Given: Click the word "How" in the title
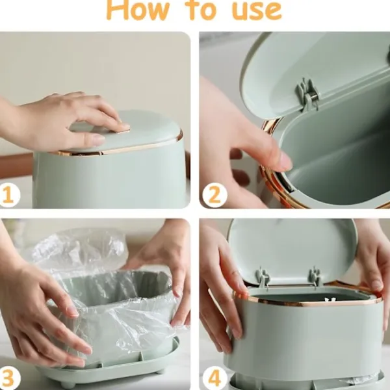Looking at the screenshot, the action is pyautogui.click(x=137, y=10).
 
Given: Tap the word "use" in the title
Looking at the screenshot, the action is pyautogui.click(x=257, y=10).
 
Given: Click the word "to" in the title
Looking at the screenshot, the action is pyautogui.click(x=202, y=10).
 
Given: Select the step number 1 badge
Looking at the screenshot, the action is pyautogui.click(x=8, y=195).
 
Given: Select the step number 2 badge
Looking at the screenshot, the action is pyautogui.click(x=214, y=195).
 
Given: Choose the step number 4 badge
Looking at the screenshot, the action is pyautogui.click(x=214, y=378).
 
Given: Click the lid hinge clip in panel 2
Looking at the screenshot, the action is pyautogui.click(x=308, y=94).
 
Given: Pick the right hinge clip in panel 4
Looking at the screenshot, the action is pyautogui.click(x=314, y=277).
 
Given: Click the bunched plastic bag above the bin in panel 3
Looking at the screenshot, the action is pyautogui.click(x=79, y=249).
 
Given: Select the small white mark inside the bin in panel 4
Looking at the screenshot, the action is pyautogui.click(x=330, y=300).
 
